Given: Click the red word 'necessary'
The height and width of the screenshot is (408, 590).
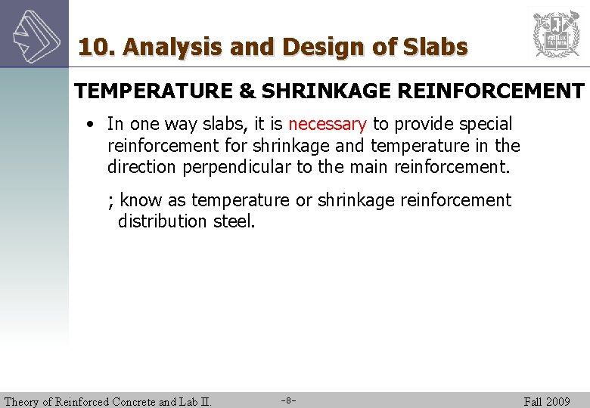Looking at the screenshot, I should click(x=327, y=124).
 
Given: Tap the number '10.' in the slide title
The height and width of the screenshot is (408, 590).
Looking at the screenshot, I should click(x=97, y=48).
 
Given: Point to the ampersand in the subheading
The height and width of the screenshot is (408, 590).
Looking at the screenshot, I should click(x=247, y=91).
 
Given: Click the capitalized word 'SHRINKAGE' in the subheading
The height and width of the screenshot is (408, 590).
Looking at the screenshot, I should click(x=325, y=91).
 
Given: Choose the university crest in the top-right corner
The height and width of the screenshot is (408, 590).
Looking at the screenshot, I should click(x=556, y=33).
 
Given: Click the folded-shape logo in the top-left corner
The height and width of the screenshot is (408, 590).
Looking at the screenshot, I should click(x=33, y=33).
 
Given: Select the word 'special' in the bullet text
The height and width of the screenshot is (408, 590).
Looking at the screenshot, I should click(x=484, y=124).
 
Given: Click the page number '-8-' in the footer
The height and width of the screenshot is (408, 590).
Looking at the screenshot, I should click(x=288, y=400).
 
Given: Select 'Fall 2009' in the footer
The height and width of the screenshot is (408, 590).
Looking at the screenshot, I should click(x=547, y=401).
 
